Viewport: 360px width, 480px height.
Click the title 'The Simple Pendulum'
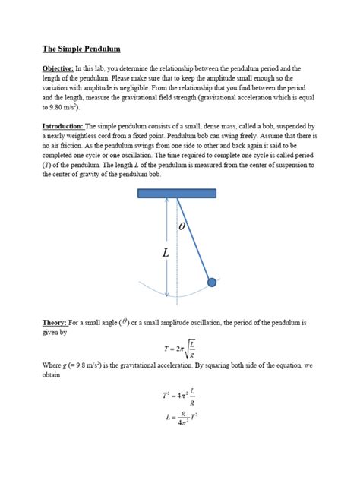(82, 49)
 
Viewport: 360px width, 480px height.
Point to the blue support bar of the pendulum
(177, 193)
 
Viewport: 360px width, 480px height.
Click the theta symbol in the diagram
(182, 226)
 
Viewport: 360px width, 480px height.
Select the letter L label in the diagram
(166, 252)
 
